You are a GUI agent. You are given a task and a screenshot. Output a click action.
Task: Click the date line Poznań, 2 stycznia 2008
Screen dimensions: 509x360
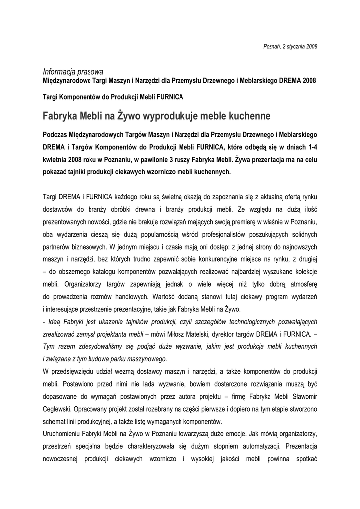coord(289,46)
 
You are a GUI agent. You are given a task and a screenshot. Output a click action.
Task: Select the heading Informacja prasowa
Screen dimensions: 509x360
coord(73,71)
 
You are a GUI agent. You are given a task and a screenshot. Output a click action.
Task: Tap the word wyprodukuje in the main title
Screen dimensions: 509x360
coord(171,116)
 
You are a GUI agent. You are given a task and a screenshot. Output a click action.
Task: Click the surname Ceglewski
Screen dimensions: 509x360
coord(59,409)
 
